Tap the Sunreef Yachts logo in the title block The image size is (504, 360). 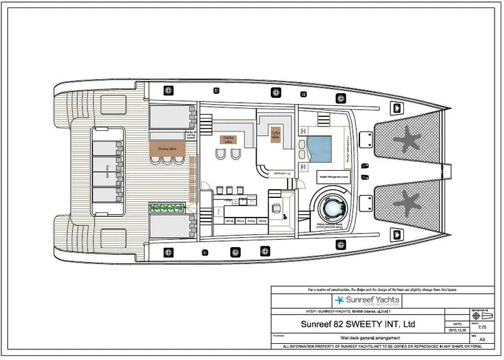[x=368, y=300]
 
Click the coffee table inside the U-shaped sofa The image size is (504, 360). [x=276, y=134]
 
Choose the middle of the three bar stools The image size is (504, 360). [x=228, y=188]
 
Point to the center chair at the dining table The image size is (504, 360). [x=166, y=160]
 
